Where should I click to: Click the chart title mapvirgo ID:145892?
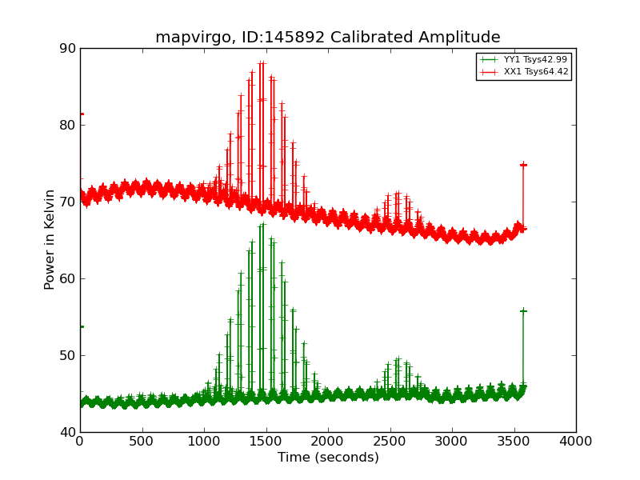[x=327, y=37]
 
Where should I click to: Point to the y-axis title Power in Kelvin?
[x=50, y=239]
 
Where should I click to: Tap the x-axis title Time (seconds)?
[x=328, y=458]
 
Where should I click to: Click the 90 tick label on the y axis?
[x=67, y=48]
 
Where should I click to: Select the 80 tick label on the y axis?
[x=67, y=125]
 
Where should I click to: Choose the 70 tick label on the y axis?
[x=67, y=202]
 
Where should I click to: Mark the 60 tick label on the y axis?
[x=67, y=278]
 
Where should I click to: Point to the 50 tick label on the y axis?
[x=67, y=355]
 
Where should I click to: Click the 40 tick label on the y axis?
[x=67, y=432]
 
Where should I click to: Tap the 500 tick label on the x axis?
[x=142, y=441]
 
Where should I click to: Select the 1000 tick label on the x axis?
[x=204, y=441]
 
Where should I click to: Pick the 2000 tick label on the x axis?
[x=328, y=441]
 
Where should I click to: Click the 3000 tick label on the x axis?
[x=452, y=441]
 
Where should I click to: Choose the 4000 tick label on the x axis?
[x=576, y=441]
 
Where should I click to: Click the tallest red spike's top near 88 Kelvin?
[x=262, y=62]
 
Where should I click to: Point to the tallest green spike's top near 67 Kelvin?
[x=262, y=225]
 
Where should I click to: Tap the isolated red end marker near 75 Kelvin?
[x=523, y=165]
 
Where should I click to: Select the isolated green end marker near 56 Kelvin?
[x=523, y=310]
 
